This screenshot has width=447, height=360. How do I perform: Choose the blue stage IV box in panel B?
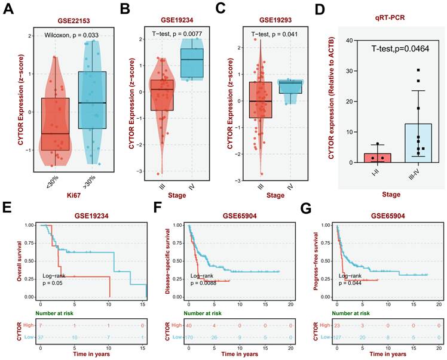click(192, 63)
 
